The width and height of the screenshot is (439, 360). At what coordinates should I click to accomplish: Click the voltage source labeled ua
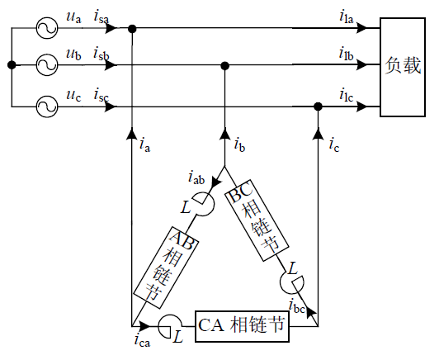(46, 28)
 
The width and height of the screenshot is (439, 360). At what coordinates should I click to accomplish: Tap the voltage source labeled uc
(46, 106)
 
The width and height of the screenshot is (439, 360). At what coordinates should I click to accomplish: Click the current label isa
(104, 17)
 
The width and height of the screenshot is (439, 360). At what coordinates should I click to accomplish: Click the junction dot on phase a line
(132, 28)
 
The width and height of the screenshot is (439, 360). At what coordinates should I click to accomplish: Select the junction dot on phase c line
(319, 106)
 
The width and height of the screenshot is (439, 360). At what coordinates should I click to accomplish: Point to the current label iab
(196, 178)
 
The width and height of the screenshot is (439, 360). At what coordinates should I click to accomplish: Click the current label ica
(142, 339)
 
